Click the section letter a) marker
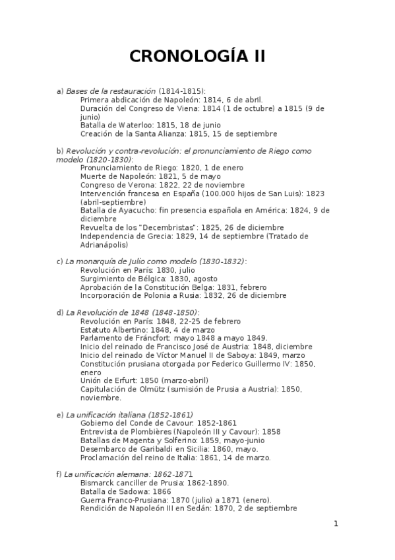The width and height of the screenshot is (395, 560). (x=60, y=90)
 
